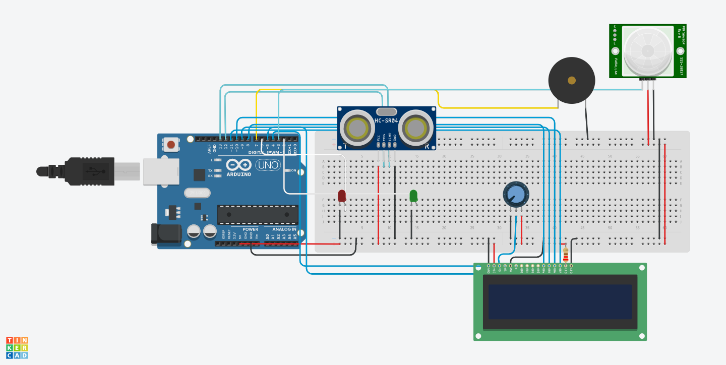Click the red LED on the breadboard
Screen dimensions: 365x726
click(x=342, y=196)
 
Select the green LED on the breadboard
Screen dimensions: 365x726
click(x=413, y=196)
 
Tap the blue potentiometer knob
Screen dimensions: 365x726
click(x=516, y=194)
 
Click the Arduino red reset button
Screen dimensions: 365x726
click(x=171, y=145)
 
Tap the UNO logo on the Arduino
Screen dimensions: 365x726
click(x=268, y=165)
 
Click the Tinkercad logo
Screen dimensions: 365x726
click(x=17, y=348)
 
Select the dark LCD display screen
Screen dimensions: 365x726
click(x=560, y=301)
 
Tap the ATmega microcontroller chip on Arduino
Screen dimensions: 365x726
click(x=257, y=214)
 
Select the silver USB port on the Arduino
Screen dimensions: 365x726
click(x=160, y=171)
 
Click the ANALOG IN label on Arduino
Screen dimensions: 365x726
click(x=284, y=230)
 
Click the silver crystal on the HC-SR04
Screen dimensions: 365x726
click(x=387, y=111)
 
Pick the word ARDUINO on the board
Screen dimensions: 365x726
click(x=239, y=174)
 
